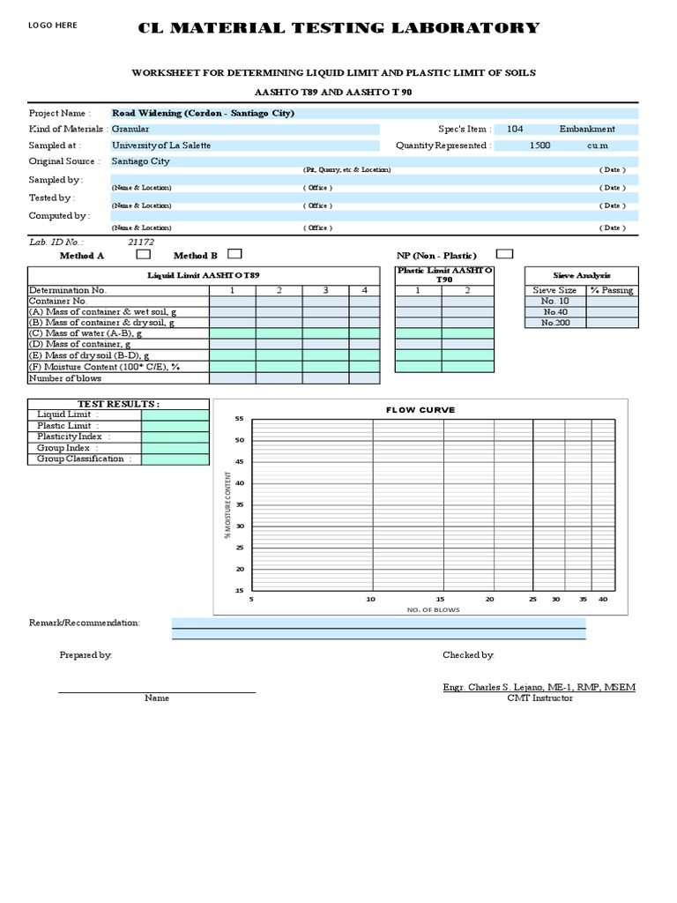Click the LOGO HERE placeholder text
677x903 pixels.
point(53,26)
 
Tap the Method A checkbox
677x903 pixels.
point(143,254)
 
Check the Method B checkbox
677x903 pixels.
point(234,254)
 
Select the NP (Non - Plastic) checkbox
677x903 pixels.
point(505,254)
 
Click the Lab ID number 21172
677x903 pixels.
point(141,242)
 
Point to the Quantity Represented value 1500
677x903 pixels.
point(540,146)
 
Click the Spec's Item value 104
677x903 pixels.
point(515,129)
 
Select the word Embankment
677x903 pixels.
point(587,129)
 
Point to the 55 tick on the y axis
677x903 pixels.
point(239,419)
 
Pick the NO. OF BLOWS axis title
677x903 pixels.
point(433,609)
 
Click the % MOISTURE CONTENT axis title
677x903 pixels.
point(227,504)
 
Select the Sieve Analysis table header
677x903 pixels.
point(581,275)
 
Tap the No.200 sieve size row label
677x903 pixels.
point(555,323)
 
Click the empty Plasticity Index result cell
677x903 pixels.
point(175,437)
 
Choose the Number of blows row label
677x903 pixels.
point(65,378)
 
